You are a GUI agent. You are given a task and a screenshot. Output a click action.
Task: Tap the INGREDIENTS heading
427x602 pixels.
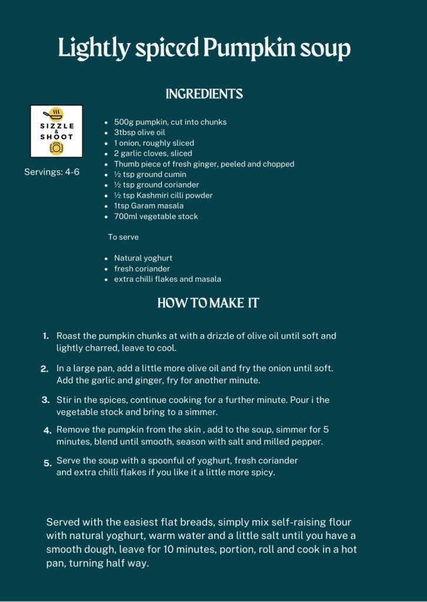(x=204, y=94)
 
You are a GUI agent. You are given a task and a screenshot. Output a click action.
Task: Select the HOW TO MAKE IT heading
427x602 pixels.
(x=208, y=303)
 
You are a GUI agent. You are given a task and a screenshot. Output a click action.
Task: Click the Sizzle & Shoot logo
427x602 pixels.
(x=56, y=131)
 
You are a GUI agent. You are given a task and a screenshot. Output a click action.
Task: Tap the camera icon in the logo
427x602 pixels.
(x=56, y=148)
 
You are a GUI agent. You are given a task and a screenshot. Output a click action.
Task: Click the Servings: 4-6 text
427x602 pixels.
(x=51, y=172)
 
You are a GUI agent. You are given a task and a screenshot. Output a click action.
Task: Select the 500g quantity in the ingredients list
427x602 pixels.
(x=124, y=122)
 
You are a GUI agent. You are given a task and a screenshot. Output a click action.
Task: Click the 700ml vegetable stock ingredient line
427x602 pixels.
(x=156, y=216)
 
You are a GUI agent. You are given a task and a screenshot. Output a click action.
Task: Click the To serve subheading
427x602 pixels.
(x=123, y=237)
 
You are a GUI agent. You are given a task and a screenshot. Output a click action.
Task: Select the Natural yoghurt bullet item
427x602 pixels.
(x=143, y=258)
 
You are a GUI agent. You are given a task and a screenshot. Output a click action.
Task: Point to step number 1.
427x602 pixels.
(x=45, y=336)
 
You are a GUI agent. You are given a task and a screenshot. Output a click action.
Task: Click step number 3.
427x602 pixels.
(x=45, y=400)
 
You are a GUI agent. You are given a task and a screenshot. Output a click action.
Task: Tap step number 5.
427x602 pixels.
(x=47, y=463)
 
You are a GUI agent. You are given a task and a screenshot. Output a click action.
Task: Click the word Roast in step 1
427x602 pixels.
(x=68, y=336)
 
